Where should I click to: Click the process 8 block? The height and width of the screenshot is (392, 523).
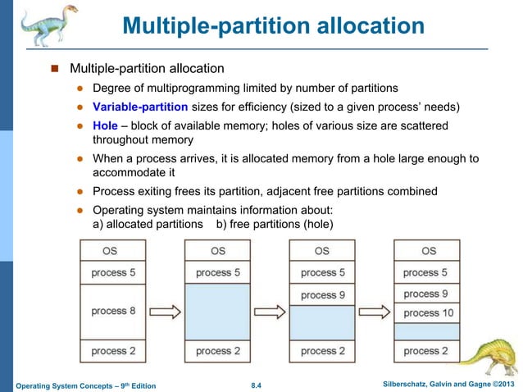[x=114, y=311]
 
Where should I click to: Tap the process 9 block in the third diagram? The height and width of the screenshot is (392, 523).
[x=322, y=295]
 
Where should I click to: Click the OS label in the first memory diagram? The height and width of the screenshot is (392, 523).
[x=114, y=251]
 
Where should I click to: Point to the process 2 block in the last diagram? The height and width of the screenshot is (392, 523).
[x=426, y=351]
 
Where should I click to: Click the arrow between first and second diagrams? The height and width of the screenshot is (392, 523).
[x=166, y=312]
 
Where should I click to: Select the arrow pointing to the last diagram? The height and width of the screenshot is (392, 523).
[x=375, y=312]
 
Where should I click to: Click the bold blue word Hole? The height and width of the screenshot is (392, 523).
[x=107, y=126]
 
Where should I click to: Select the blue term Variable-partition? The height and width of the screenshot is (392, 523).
[x=140, y=107]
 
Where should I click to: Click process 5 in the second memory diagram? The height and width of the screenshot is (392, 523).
[x=217, y=272]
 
